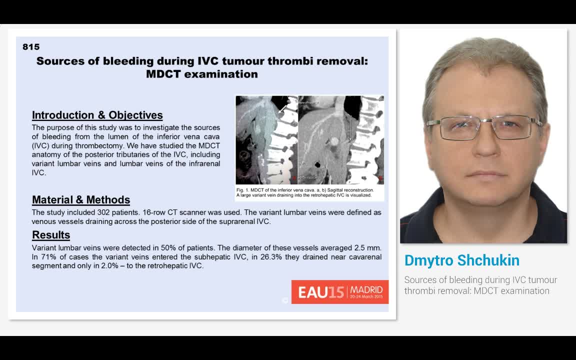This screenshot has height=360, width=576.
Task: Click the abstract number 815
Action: click(31, 47)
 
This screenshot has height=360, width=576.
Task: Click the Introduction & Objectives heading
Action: click(97, 115)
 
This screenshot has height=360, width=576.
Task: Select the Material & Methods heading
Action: click(81, 200)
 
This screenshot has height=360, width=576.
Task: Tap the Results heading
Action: click(51, 235)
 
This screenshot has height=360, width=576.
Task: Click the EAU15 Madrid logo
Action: click(340, 292)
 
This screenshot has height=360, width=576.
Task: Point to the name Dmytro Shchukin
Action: click(462, 260)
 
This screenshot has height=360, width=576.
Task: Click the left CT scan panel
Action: click(266, 140)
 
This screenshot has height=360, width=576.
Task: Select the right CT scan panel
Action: click(340, 140)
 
